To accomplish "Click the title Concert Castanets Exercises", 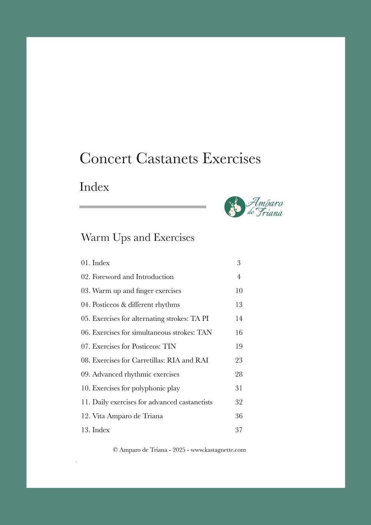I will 170,159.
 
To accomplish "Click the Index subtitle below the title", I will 94,187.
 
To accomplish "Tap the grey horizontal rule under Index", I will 142,207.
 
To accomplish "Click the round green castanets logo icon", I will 234,207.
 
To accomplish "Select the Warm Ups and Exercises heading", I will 138,238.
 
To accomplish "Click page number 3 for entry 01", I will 239,263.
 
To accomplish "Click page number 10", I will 239,291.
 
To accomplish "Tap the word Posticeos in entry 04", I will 105,305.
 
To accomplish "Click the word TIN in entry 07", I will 170,346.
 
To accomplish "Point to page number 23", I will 239,361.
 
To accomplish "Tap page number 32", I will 239,402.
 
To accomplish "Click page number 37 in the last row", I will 239,430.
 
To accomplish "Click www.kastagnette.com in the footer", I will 218,450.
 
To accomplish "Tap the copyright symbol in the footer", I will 115,450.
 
